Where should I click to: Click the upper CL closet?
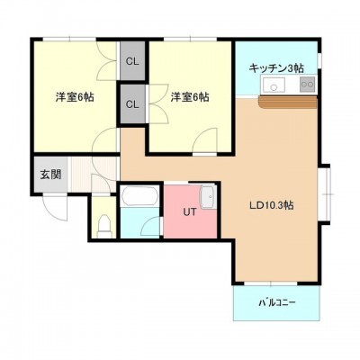132,60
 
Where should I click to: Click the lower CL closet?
132,103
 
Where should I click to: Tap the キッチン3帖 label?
276,68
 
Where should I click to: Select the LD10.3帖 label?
272,205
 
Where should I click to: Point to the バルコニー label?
277,302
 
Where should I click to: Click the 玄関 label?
50,175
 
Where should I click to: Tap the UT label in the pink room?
190,212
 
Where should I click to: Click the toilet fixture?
104,226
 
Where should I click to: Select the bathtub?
139,196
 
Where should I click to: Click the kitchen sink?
274,85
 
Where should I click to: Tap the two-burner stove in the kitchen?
307,85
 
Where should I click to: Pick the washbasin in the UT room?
207,197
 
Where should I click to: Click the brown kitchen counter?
287,103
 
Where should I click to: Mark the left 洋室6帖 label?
75,97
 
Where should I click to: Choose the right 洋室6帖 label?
190,97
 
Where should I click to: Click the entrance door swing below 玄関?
56,208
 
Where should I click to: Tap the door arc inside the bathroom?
151,226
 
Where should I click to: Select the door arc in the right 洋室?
205,140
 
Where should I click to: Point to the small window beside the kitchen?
319,60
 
